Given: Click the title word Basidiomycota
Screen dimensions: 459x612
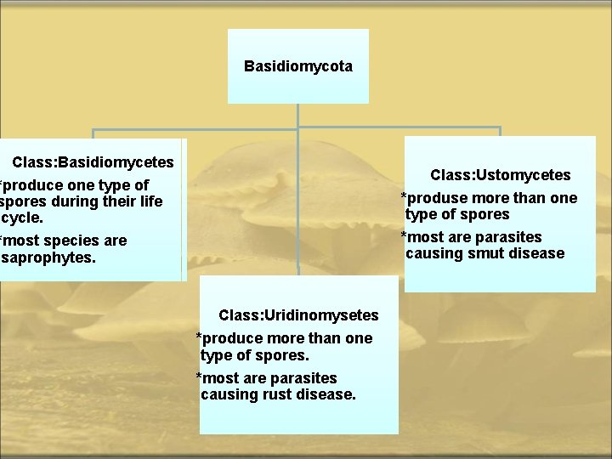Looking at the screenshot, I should point(298,65).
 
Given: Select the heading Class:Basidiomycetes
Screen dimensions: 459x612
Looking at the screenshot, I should point(93,161).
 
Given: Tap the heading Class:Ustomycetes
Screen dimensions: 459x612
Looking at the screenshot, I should point(500,175).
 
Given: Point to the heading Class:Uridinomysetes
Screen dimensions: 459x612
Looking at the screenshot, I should point(298,315).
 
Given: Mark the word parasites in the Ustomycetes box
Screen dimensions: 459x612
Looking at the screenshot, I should point(511,237).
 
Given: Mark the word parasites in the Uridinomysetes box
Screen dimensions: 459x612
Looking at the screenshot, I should point(306,378).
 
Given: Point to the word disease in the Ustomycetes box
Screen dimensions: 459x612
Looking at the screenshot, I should point(535,253).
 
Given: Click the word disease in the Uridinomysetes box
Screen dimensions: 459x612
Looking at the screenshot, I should point(326,394).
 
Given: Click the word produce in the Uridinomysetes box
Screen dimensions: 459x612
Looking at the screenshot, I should point(231,338).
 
